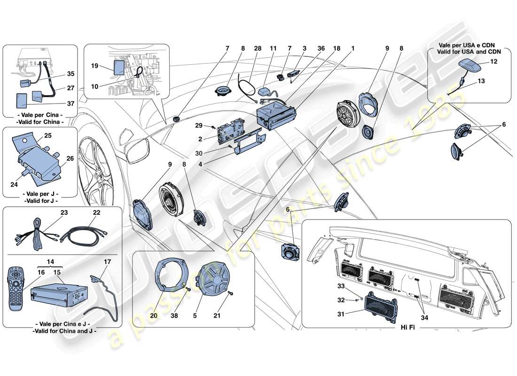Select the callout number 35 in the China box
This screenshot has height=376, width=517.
[70, 74]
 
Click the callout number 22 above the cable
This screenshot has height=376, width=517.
[97, 212]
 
